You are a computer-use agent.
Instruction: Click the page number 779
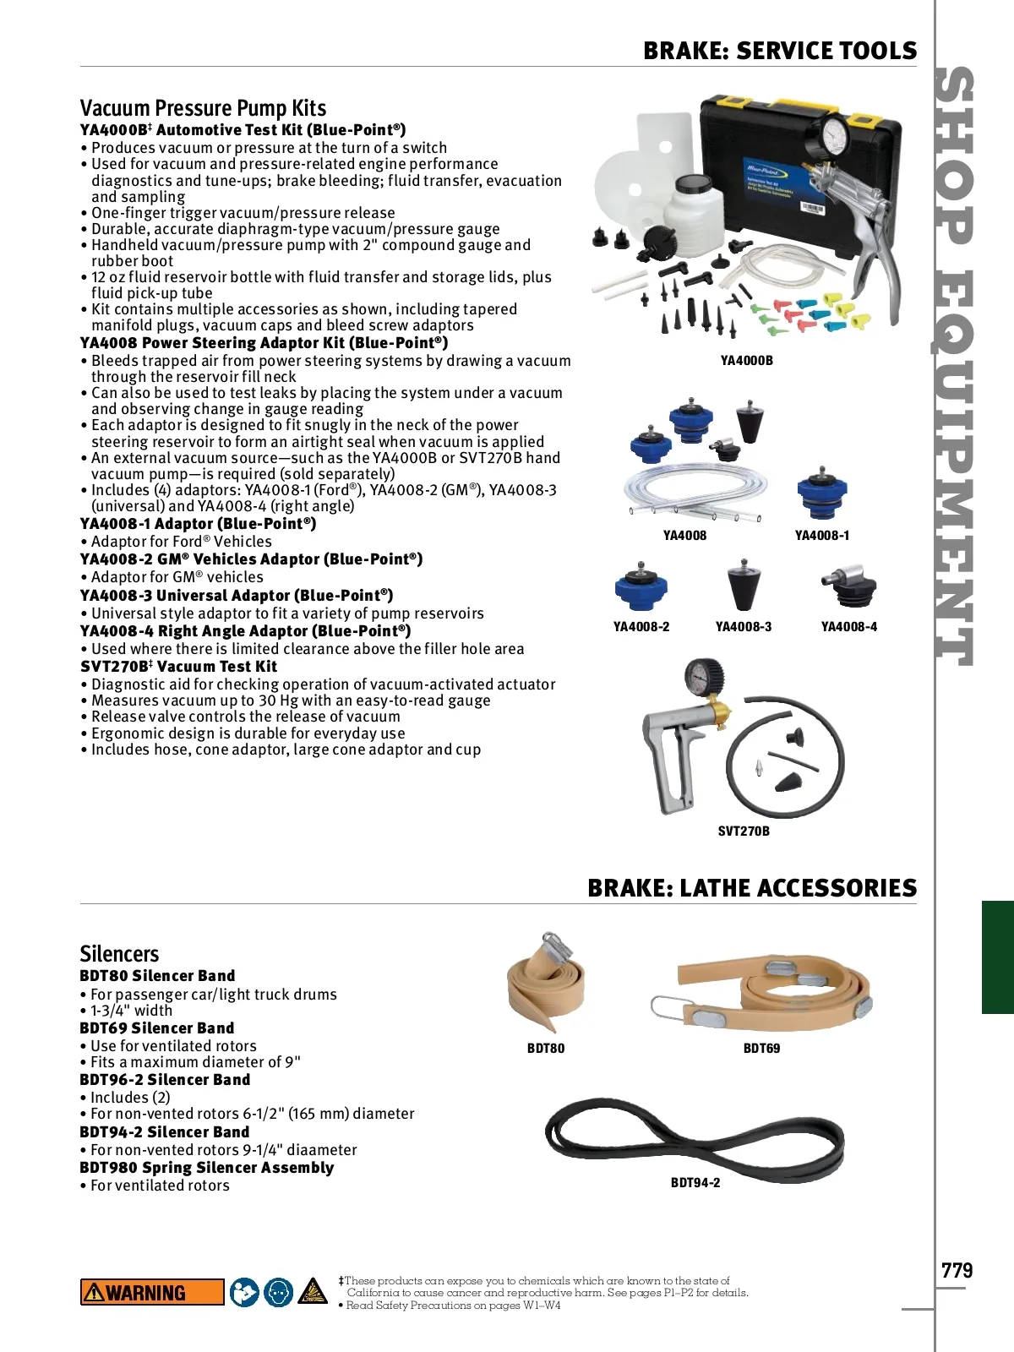coord(957,1270)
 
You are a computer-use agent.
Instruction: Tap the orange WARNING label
coord(152,1292)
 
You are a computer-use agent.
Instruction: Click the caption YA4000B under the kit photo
coord(746,361)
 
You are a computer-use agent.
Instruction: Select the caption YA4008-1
coord(821,536)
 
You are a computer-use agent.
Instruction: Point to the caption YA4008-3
coord(743,627)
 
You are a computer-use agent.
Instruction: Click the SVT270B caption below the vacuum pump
coord(744,831)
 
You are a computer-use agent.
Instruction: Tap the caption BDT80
coord(546,1049)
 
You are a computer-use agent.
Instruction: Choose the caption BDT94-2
coord(695,1183)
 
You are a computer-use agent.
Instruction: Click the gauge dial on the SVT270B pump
coord(705,677)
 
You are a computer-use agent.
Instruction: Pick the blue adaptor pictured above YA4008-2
coord(641,586)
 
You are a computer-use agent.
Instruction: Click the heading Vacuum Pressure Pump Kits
coord(203,108)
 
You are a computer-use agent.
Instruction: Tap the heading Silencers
coord(119,954)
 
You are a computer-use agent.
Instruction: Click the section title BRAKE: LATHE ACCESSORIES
coord(751,888)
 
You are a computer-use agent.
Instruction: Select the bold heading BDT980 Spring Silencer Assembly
coord(206,1168)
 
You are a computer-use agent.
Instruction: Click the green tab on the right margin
coord(997,957)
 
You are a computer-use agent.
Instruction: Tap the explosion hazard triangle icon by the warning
coord(312,1292)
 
